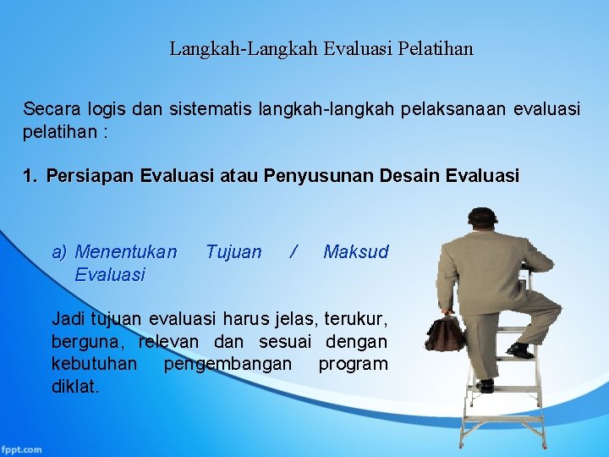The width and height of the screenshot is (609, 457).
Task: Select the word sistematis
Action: pos(208,109)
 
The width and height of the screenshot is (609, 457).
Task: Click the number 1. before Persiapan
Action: pos(30,176)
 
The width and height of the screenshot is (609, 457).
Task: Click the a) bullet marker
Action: pos(59,251)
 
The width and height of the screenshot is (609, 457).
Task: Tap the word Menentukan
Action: pos(126,251)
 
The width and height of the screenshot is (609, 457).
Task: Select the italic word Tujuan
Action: pos(233,251)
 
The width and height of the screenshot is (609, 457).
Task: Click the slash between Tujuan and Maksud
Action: pos(293,251)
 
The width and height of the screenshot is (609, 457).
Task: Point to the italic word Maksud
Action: pos(355,251)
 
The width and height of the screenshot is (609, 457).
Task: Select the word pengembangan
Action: pos(228,364)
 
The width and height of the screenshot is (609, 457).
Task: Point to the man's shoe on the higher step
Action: pos(520,350)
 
